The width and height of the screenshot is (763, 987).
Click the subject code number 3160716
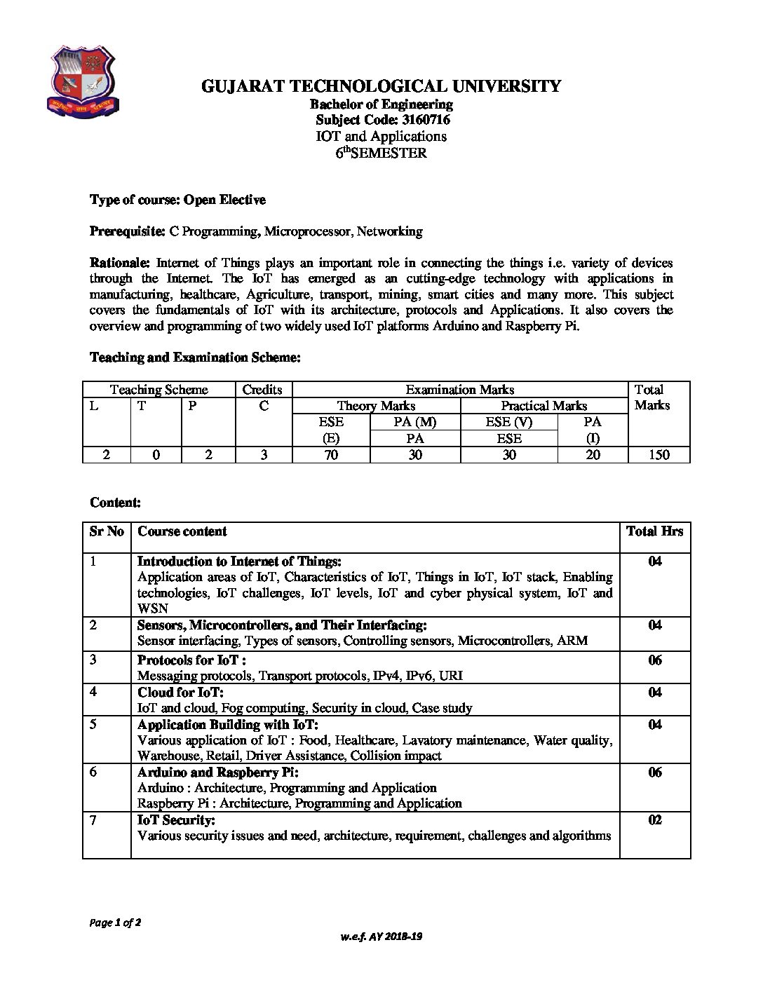pyautogui.click(x=424, y=120)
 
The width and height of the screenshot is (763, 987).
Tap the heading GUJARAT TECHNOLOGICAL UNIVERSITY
pyautogui.click(x=381, y=86)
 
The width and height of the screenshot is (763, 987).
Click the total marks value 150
pyautogui.click(x=659, y=454)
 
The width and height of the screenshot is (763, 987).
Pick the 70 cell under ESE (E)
pyautogui.click(x=330, y=454)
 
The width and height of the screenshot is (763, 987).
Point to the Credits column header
pyautogui.click(x=262, y=390)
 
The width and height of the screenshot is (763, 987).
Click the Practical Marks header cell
pyautogui.click(x=543, y=406)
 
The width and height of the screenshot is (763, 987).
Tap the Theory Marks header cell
pyautogui.click(x=376, y=406)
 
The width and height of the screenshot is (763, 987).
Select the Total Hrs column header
pyautogui.click(x=654, y=531)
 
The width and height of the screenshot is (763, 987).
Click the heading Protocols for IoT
pyautogui.click(x=191, y=660)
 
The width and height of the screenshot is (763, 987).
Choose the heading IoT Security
pyautogui.click(x=176, y=820)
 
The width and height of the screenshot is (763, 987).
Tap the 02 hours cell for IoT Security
pyautogui.click(x=654, y=820)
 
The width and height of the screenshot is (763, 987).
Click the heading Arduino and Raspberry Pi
pyautogui.click(x=218, y=772)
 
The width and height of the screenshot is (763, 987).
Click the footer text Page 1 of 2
pyautogui.click(x=116, y=923)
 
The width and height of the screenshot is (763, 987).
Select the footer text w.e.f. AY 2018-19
pyautogui.click(x=381, y=937)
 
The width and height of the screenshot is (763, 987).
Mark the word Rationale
pyautogui.click(x=119, y=263)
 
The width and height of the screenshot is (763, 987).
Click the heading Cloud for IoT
pyautogui.click(x=180, y=693)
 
